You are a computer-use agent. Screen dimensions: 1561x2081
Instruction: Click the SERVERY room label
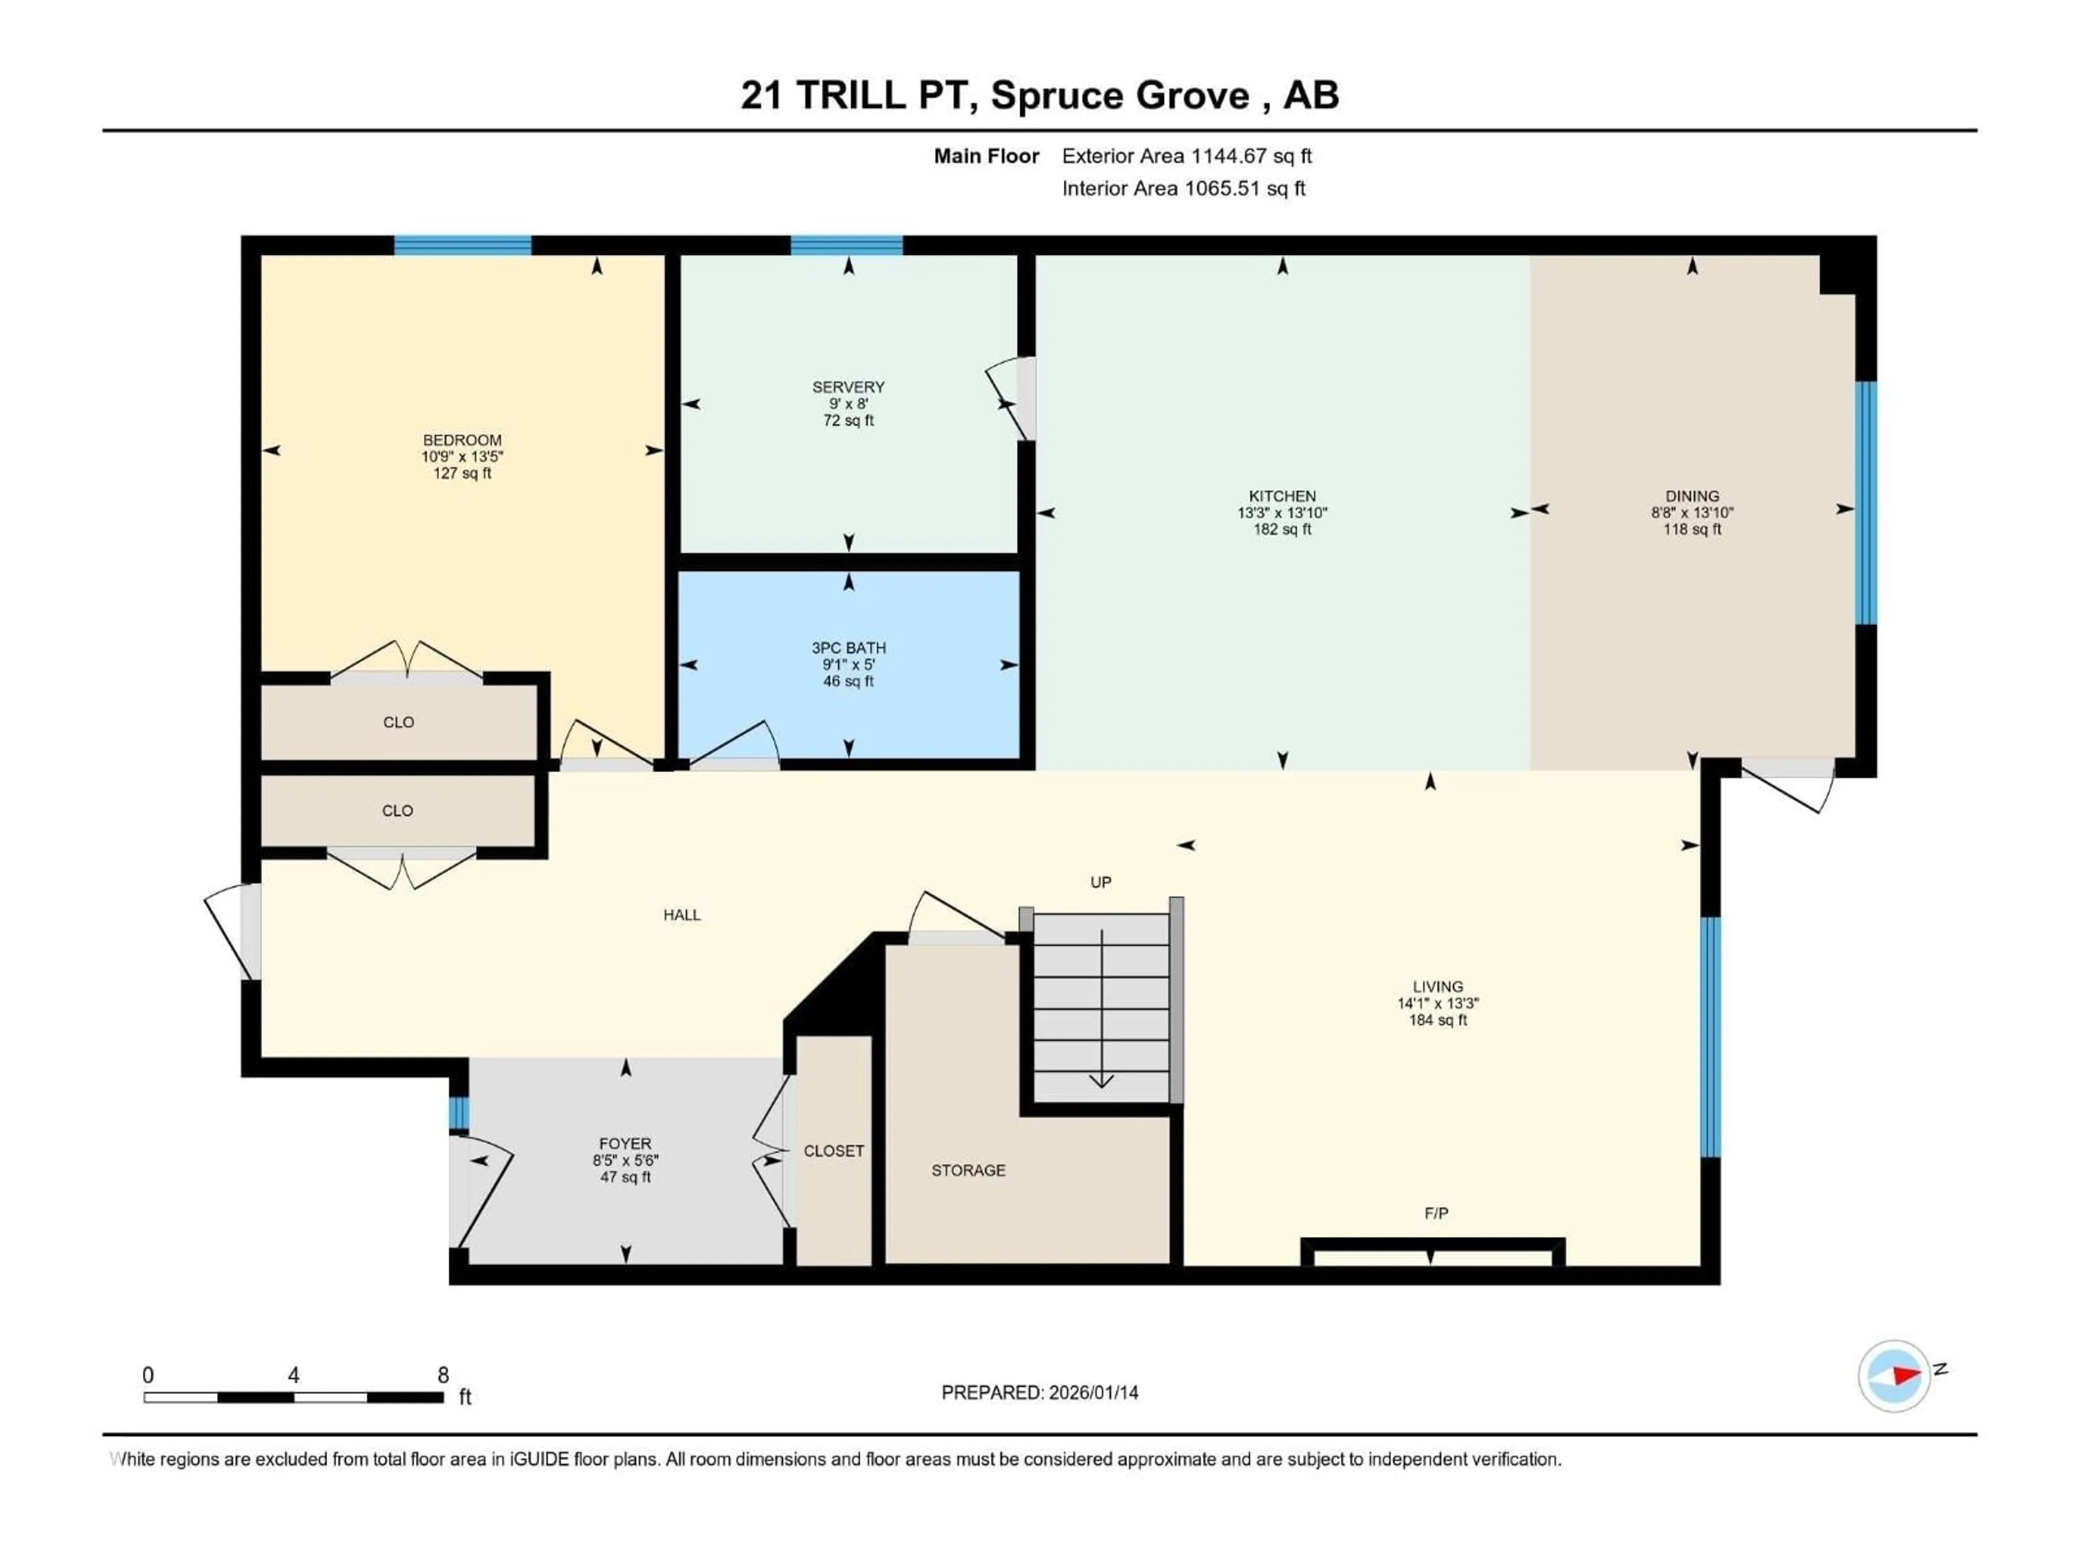click(x=848, y=386)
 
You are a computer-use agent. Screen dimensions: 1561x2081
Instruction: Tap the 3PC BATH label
click(x=848, y=647)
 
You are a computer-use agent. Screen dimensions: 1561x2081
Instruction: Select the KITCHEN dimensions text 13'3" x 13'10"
click(x=1281, y=513)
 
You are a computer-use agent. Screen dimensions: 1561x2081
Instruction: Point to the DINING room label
click(x=1691, y=496)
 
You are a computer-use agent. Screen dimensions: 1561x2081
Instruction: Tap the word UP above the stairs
click(x=1100, y=882)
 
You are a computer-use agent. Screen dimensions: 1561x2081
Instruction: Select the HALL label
click(x=681, y=914)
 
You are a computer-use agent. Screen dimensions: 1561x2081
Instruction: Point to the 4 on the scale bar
click(x=294, y=1375)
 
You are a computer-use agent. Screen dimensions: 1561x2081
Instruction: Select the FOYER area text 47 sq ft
click(x=625, y=1177)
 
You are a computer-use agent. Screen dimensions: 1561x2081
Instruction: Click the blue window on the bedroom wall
click(x=462, y=246)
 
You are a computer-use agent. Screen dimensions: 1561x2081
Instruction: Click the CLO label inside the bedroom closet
click(x=398, y=722)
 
